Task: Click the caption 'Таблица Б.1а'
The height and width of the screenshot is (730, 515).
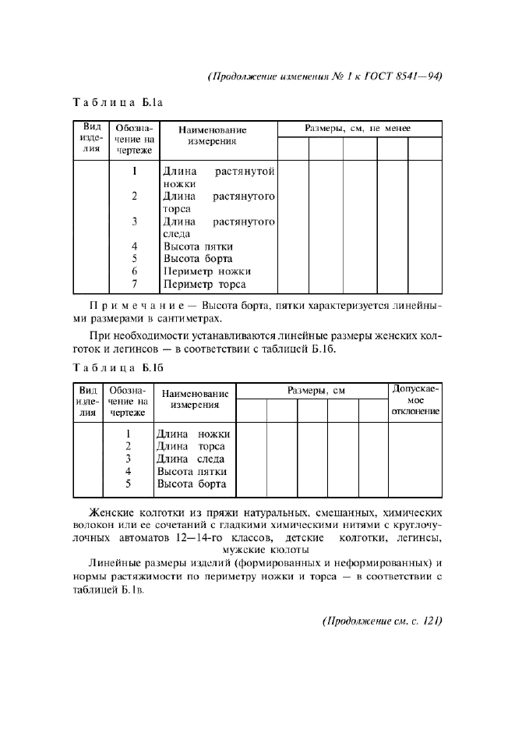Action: click(x=116, y=102)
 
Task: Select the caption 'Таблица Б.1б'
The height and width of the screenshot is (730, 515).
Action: click(x=116, y=367)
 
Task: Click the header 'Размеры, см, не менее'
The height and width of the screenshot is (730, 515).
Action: click(x=358, y=128)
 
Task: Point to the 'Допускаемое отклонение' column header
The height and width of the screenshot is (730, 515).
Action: click(x=415, y=399)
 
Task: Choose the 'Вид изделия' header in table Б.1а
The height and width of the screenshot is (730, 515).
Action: click(x=92, y=139)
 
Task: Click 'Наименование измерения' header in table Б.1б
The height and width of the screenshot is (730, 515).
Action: click(x=194, y=399)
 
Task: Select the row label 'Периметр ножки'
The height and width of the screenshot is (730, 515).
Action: click(x=206, y=271)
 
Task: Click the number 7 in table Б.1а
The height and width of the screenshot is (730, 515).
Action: click(x=135, y=284)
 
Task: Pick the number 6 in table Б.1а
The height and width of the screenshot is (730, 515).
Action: click(x=135, y=271)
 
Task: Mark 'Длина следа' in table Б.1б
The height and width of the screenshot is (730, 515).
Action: click(x=190, y=459)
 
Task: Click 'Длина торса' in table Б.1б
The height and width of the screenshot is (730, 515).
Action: click(x=190, y=446)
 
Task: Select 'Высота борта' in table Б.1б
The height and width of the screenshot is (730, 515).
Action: click(x=191, y=484)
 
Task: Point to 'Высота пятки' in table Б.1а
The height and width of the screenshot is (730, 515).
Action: click(x=198, y=246)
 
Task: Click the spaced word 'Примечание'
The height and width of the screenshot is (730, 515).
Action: click(x=129, y=305)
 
